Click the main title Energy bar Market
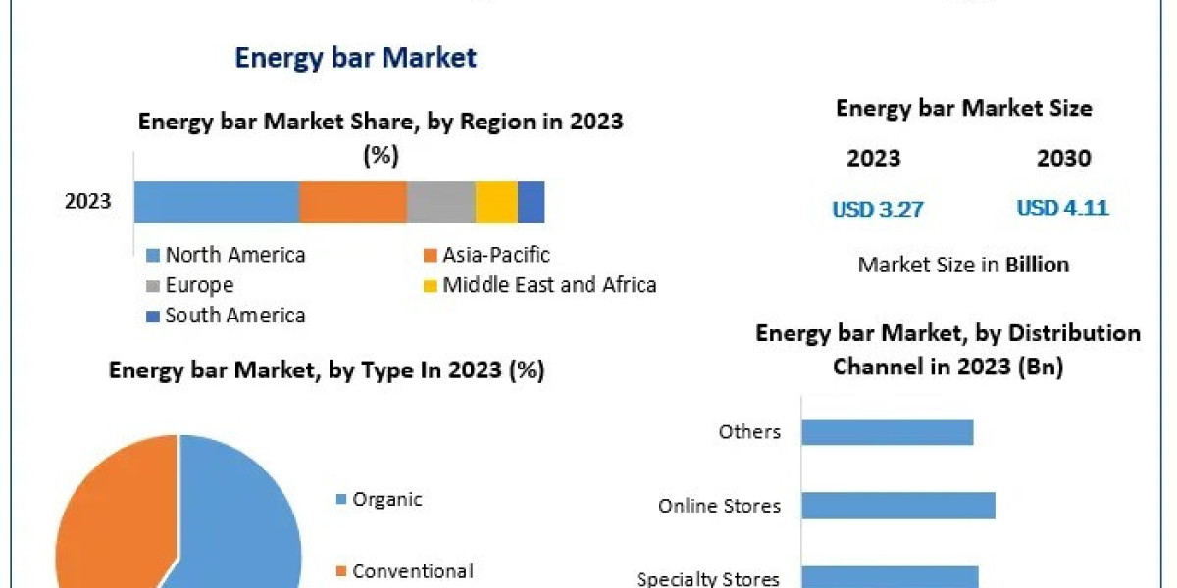[x=355, y=58]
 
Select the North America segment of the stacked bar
[x=216, y=202]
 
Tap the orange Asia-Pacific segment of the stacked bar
[x=352, y=202]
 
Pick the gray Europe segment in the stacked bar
[x=440, y=202]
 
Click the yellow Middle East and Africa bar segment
[x=496, y=202]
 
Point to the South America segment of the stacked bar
[x=531, y=202]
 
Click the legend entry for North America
[x=234, y=255]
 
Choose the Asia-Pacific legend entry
[x=495, y=255]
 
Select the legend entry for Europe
[x=199, y=285]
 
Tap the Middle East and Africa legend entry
[x=548, y=285]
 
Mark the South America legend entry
[x=234, y=315]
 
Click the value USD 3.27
[x=878, y=209]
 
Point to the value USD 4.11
[x=1062, y=208]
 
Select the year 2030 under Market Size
[x=1063, y=159]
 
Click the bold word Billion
[x=1037, y=265]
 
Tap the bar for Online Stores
[x=897, y=506]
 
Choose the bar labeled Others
[x=887, y=432]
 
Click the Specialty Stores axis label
[x=708, y=579]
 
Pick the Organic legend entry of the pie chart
[x=386, y=499]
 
